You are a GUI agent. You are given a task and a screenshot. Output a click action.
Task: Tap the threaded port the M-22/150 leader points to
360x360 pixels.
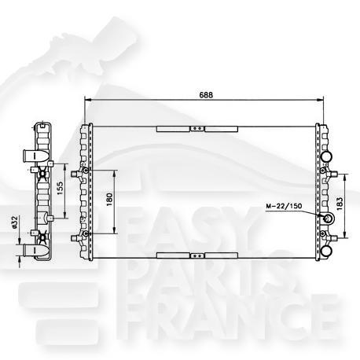pos(325,220)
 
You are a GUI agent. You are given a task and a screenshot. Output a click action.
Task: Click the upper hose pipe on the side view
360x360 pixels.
pos(33,154)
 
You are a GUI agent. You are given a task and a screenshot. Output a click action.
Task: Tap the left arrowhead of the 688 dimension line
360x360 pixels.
pos(87,100)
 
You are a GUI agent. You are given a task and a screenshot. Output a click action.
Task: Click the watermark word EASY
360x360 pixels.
pos(181,228)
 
